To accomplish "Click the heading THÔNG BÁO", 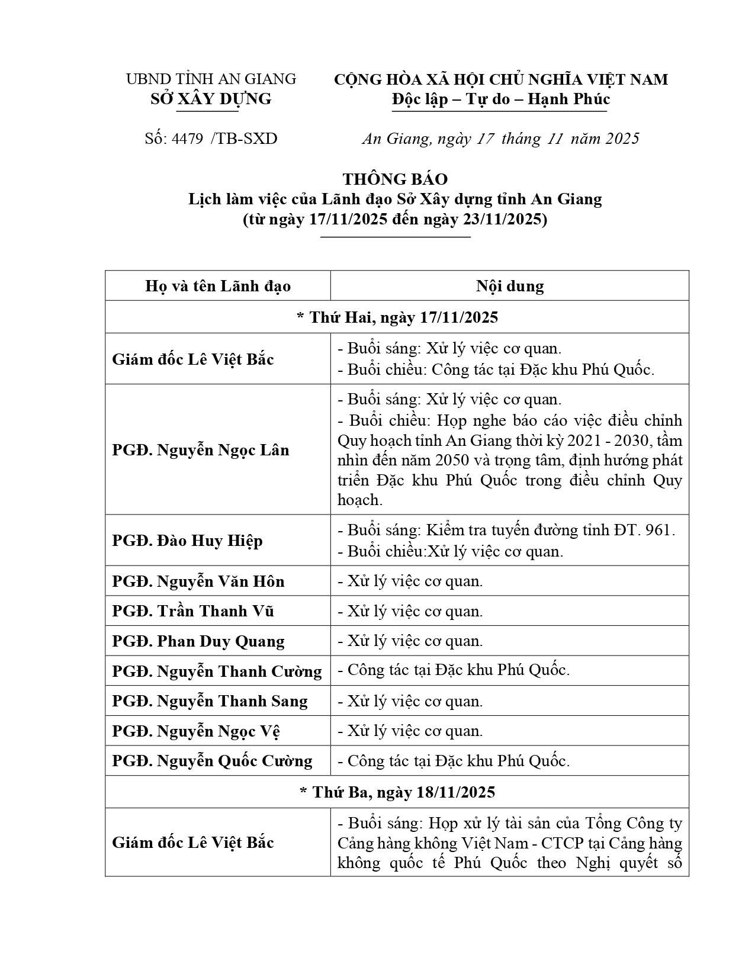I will (395, 179).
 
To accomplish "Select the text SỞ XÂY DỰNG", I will (211, 99).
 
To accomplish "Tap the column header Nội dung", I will (509, 287).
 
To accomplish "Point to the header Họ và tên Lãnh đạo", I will (218, 287).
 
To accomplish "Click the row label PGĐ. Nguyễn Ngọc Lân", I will (201, 450).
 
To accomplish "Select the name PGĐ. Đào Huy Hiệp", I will (187, 541).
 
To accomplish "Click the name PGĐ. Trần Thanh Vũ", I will (193, 611).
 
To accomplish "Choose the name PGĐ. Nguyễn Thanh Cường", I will (217, 671).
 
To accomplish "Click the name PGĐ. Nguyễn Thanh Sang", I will (210, 702).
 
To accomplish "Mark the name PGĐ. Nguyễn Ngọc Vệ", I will (196, 731).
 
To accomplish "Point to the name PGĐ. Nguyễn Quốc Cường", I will (212, 761).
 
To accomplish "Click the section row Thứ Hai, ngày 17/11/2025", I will (397, 317).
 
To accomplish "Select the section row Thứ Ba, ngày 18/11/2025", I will (397, 792).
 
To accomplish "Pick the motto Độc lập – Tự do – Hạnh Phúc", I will (500, 99).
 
